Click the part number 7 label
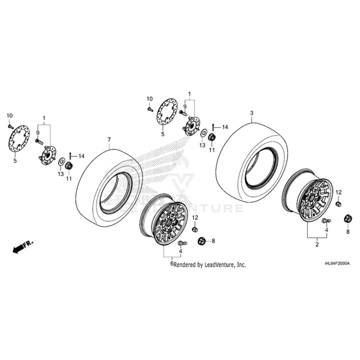tap(109, 140)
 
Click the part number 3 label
tap(252, 112)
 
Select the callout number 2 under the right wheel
tap(316, 244)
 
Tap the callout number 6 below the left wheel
tap(171, 264)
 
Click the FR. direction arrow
tap(23, 247)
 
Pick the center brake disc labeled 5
tap(167, 110)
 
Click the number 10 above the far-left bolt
tap(9, 116)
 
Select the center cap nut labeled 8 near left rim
tap(201, 241)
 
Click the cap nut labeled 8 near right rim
tap(347, 219)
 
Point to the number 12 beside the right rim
tap(338, 192)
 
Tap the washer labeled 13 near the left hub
tap(61, 161)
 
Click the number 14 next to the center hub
tap(225, 127)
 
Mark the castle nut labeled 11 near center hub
tap(212, 137)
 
